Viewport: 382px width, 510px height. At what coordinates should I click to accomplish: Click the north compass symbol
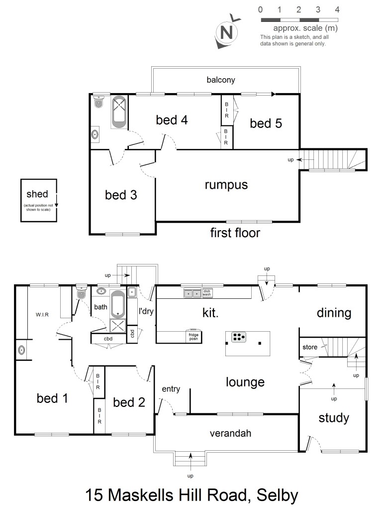coord(227,31)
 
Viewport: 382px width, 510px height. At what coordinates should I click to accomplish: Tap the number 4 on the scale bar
coord(337,10)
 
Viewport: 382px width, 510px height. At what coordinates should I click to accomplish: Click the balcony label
coord(221,80)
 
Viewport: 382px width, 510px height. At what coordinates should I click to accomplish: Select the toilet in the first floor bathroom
coord(98,101)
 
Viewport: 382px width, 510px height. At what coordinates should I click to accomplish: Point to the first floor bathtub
coord(119,112)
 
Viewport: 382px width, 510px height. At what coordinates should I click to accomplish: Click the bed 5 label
coord(266,124)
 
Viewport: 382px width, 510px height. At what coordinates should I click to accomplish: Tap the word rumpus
coord(226,185)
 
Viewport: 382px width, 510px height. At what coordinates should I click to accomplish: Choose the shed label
coord(37,194)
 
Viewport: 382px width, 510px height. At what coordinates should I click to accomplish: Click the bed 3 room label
coord(121,195)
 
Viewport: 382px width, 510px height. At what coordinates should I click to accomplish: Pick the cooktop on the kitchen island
coord(239,337)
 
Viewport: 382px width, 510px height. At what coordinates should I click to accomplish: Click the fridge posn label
coord(193,337)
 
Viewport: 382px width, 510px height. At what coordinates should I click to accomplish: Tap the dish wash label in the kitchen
coord(207,293)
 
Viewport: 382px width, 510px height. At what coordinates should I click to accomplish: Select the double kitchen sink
coord(192,293)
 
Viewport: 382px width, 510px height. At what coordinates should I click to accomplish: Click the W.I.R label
coord(42,315)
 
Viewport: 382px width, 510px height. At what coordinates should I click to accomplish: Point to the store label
coord(310,347)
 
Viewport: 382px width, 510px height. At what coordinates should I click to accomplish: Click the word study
coord(334,418)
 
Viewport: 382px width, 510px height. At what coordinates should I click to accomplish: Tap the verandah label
coord(230,433)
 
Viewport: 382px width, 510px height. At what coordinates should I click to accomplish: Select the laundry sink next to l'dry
coord(131,292)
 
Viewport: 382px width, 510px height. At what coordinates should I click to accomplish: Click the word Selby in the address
coord(278,496)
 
